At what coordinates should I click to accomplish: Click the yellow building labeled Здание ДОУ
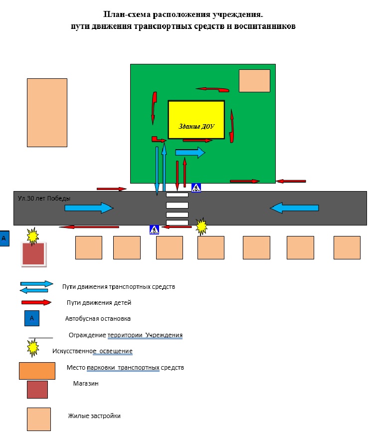tap(196, 120)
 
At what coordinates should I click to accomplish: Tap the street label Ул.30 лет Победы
tap(44, 198)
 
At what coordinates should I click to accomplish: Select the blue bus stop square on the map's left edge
tap(4, 238)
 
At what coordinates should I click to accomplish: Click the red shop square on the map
tap(34, 254)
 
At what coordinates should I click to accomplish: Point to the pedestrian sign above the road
tap(196, 188)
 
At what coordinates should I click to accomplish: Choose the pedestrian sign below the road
tap(154, 229)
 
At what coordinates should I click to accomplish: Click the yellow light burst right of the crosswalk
tap(201, 226)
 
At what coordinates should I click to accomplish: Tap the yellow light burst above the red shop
tap(32, 236)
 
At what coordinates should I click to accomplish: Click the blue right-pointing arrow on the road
tap(89, 208)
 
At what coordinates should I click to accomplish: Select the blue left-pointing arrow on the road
tap(294, 208)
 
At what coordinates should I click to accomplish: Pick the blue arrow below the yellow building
tap(190, 152)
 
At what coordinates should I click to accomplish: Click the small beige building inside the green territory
tap(254, 81)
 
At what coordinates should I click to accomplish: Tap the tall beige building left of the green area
tap(47, 113)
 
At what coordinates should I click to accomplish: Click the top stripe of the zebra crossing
tap(177, 195)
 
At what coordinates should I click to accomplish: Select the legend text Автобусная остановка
tap(98, 319)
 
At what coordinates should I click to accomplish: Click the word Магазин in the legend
tap(86, 384)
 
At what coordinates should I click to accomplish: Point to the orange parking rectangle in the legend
tap(37, 371)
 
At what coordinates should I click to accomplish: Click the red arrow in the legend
tap(36, 302)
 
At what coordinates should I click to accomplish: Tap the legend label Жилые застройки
tap(94, 416)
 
